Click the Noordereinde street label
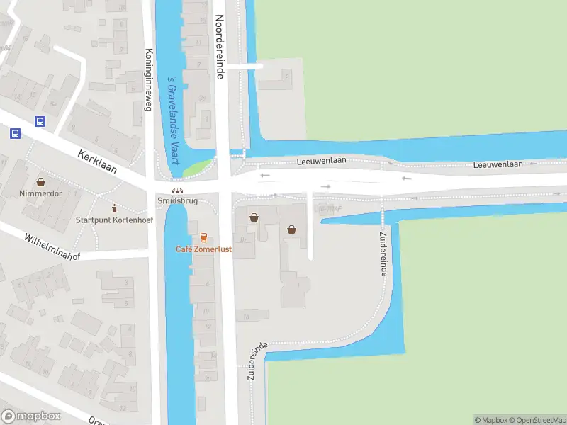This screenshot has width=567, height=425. [220, 47]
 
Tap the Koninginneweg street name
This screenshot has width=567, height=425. [149, 80]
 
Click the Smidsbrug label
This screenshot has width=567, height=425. [176, 201]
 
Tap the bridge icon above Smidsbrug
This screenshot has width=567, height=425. [176, 190]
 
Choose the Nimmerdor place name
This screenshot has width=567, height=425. [40, 193]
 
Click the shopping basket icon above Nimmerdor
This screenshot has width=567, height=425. [40, 181]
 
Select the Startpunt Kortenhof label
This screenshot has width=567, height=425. [115, 220]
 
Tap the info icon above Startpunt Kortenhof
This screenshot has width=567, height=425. [115, 208]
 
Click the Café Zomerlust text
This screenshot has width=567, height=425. [203, 249]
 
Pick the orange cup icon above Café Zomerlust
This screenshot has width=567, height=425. [204, 237]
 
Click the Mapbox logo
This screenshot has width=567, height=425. [29, 416]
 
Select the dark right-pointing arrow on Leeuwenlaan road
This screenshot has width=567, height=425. [325, 186]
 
